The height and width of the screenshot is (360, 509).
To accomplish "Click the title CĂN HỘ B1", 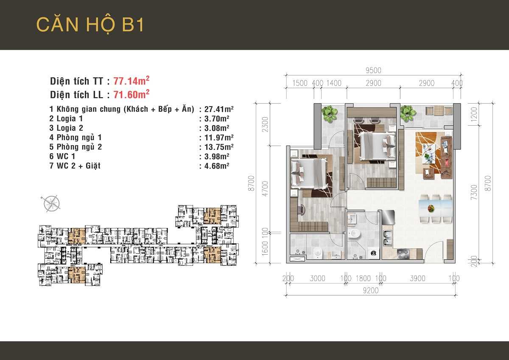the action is tap(90, 24).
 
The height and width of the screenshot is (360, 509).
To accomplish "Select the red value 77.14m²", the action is tap(131, 81).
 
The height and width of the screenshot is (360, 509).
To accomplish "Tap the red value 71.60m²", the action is tap(131, 94).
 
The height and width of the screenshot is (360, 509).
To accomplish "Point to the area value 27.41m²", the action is tap(219, 109).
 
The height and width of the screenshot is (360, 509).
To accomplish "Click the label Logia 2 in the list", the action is tap(70, 128).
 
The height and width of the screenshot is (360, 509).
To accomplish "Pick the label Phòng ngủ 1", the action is tap(79, 138).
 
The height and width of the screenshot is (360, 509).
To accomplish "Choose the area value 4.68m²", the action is tap(217, 166).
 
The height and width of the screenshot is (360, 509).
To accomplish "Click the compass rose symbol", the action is tap(52, 203).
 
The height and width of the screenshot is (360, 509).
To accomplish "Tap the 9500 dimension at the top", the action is tap(373, 70).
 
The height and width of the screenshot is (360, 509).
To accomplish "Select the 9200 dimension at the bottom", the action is tap(371, 290).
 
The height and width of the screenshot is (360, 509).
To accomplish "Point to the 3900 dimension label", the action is tap(417, 278).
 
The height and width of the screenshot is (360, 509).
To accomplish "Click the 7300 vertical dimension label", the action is tap(474, 192).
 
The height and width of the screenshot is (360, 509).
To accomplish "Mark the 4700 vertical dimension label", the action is tap(265, 188).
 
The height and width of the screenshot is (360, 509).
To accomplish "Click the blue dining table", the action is tap(435, 208).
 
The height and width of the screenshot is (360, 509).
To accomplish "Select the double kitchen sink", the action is tap(388, 238).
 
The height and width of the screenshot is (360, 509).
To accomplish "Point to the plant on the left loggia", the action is tap(330, 114).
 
